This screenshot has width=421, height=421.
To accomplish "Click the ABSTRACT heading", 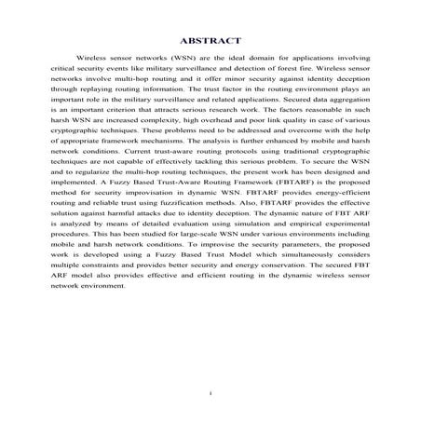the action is [x=210, y=40].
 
